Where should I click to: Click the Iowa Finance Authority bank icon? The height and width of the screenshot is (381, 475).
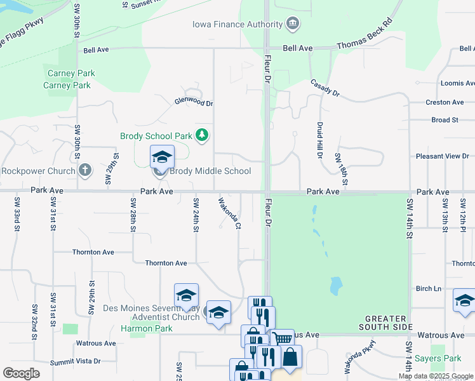click(x=293, y=25)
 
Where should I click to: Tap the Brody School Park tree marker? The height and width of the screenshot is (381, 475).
click(x=202, y=135)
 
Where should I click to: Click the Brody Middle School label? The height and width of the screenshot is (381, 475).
click(x=209, y=171)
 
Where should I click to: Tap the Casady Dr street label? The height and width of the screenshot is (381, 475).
click(x=324, y=88)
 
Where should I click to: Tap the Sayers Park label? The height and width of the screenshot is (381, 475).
click(x=438, y=359)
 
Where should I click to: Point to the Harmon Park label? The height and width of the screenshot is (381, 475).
click(x=147, y=328)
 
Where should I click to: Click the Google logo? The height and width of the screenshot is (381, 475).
click(x=21, y=373)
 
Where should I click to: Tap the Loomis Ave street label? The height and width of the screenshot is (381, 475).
click(x=457, y=83)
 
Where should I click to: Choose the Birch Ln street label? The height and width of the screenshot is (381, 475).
click(x=428, y=288)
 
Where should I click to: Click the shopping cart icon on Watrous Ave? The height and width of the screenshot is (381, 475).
click(x=282, y=338)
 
